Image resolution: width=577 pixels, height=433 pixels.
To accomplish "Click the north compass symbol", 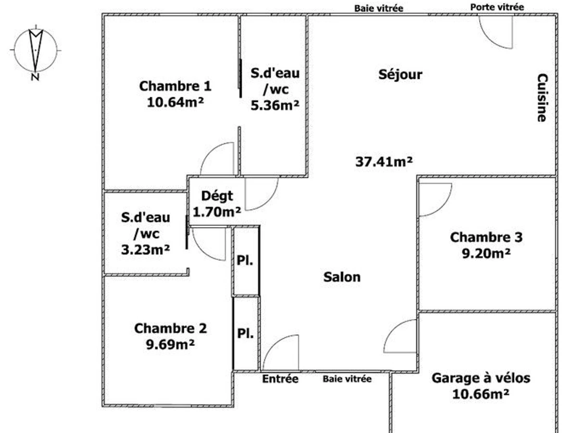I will pyautogui.click(x=35, y=51).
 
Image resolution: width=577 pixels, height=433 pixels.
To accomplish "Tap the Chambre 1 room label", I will pyautogui.click(x=175, y=86).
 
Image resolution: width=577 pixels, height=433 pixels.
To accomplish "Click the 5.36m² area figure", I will pyautogui.click(x=275, y=105).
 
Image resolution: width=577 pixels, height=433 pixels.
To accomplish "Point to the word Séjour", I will pyautogui.click(x=400, y=75).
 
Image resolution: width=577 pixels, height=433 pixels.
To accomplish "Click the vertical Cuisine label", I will pyautogui.click(x=542, y=98).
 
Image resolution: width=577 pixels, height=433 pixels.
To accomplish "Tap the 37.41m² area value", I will pyautogui.click(x=384, y=162).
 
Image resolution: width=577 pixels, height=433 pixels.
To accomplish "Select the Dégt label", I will pyautogui.click(x=217, y=196).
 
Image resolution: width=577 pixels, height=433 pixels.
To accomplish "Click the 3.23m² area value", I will pyautogui.click(x=145, y=249).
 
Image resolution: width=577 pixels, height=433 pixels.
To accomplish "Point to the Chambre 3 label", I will pyautogui.click(x=486, y=237).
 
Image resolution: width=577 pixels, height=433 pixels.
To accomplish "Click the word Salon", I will pyautogui.click(x=342, y=277).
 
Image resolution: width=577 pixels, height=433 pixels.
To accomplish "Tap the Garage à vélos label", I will pyautogui.click(x=481, y=378).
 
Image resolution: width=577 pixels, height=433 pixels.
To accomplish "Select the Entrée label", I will pyautogui.click(x=280, y=379).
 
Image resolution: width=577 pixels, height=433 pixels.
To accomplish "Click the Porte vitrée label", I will pyautogui.click(x=497, y=7).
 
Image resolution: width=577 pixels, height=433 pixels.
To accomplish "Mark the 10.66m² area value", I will pyautogui.click(x=481, y=394).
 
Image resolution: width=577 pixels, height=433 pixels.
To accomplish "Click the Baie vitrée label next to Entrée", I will pyautogui.click(x=347, y=379).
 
